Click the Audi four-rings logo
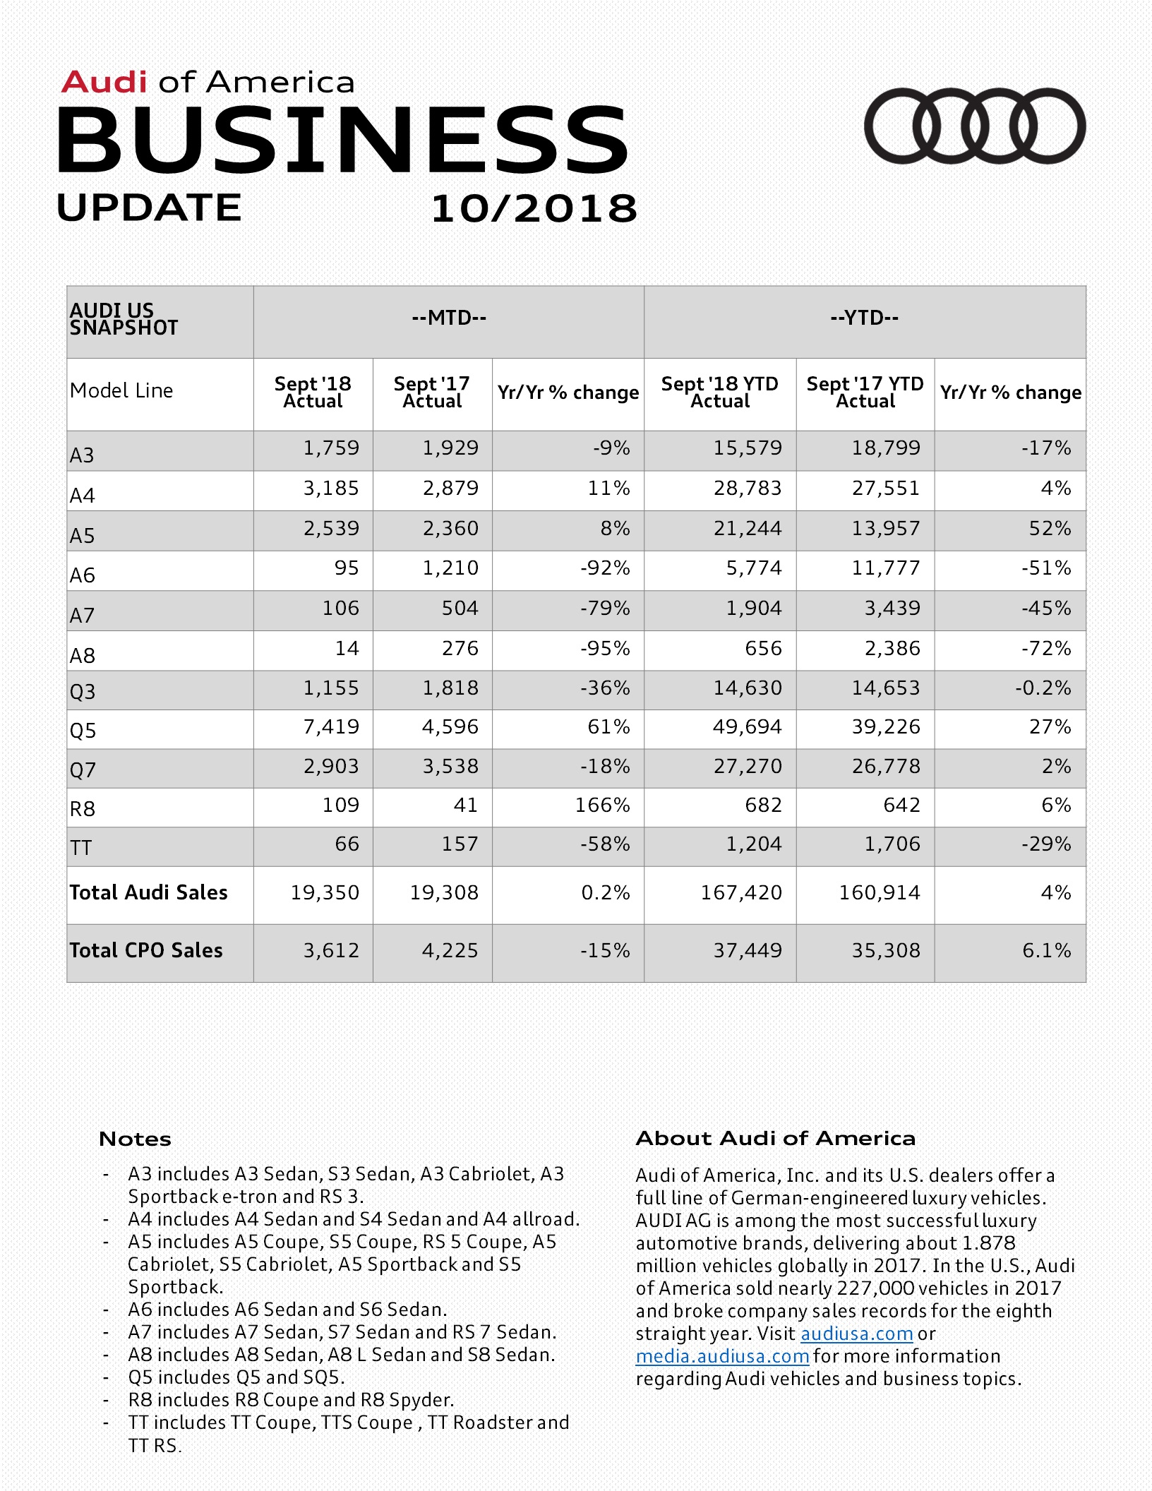[x=975, y=126]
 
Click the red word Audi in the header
[x=104, y=83]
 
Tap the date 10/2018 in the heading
[x=534, y=209]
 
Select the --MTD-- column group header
[x=449, y=318]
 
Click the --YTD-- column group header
[x=865, y=318]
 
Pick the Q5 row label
[x=83, y=730]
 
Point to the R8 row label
[x=83, y=808]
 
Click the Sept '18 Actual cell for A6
[x=347, y=568]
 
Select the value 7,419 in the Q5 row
[x=331, y=727]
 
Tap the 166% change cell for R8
[x=602, y=806]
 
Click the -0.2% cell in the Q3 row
[x=1043, y=688]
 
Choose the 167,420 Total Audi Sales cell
[x=741, y=893]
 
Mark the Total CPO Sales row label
[x=146, y=950]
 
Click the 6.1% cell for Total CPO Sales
[x=1046, y=951]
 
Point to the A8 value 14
[x=347, y=649]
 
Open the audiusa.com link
[x=856, y=1334]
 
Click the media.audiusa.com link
[x=722, y=1356]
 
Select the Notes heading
[x=135, y=1139]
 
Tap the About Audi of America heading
[x=775, y=1138]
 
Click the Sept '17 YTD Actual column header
[x=865, y=393]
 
